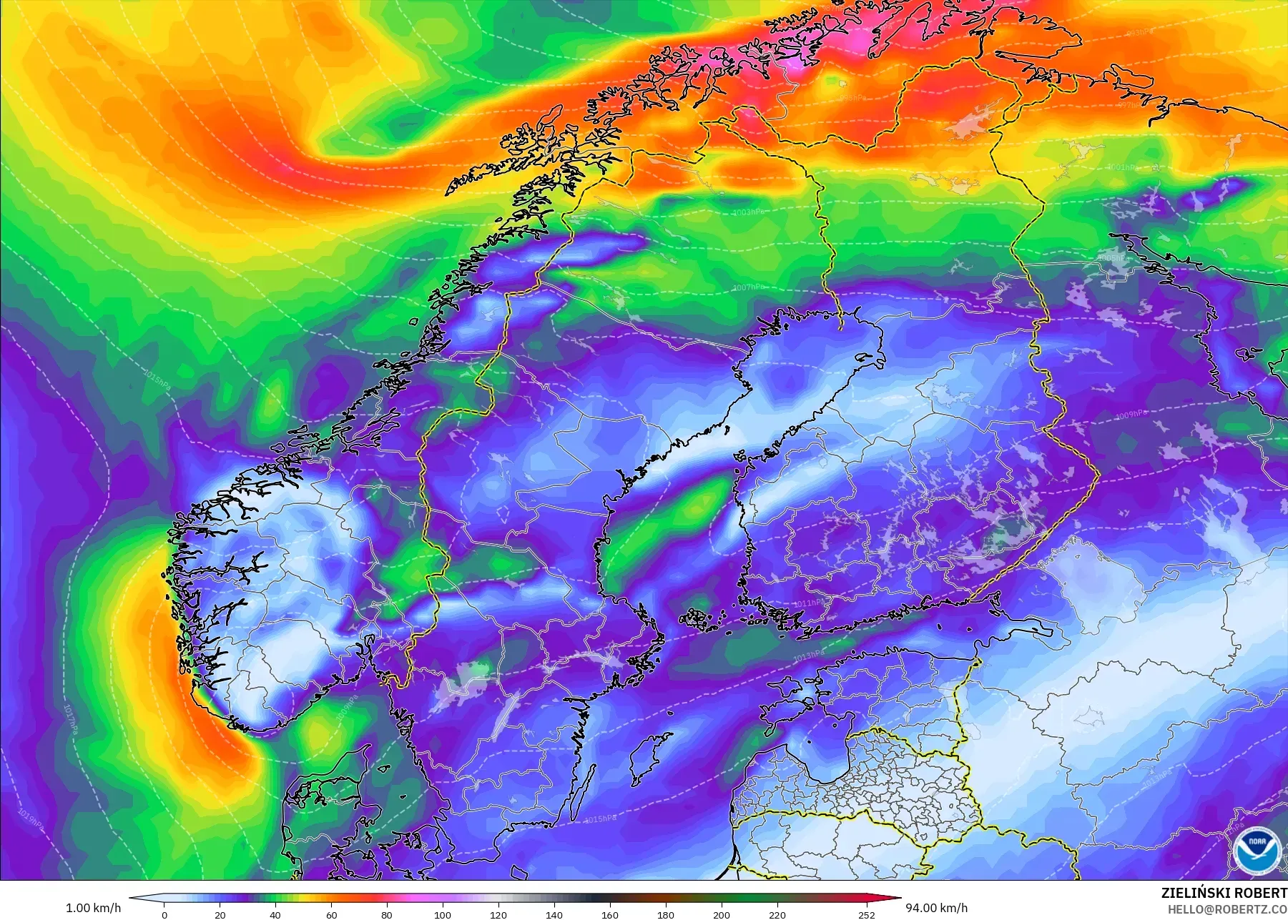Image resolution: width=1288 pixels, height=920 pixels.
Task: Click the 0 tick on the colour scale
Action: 164,914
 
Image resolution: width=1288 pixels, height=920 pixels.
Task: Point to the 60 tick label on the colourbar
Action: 331,914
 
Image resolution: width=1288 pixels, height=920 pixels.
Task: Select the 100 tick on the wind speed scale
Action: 443,914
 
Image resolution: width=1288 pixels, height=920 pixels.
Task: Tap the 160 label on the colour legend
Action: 609,914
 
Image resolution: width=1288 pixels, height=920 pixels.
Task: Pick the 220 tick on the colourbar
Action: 777,914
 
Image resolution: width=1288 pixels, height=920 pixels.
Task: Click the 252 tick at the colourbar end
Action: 866,914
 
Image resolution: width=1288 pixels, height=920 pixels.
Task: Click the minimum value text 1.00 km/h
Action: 94,908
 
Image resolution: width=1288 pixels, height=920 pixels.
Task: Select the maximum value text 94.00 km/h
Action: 936,908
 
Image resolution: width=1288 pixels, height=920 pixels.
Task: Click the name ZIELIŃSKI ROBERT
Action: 1224,893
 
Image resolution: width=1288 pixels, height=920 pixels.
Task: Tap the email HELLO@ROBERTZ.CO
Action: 1227,909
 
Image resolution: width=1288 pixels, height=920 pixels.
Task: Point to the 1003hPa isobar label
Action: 748,212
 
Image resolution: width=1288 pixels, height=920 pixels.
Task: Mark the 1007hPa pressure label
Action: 747,287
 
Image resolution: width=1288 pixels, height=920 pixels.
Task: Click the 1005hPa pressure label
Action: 1111,258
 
